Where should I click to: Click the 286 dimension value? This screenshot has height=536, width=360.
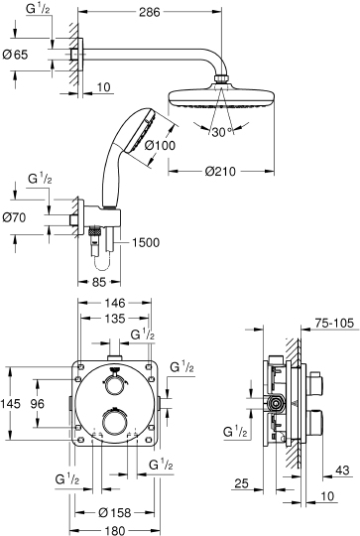pyautogui.click(x=150, y=12)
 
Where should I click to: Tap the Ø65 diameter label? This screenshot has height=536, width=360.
pyautogui.click(x=15, y=55)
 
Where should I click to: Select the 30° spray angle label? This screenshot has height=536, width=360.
pyautogui.click(x=221, y=132)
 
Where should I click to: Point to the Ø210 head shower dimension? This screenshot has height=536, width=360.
pyautogui.click(x=220, y=171)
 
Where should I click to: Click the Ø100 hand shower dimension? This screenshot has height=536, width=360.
pyautogui.click(x=160, y=145)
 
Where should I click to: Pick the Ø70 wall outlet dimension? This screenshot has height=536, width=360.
pyautogui.click(x=14, y=217)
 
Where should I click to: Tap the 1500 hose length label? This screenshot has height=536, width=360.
pyautogui.click(x=146, y=243)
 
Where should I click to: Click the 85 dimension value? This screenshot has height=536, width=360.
pyautogui.click(x=99, y=282)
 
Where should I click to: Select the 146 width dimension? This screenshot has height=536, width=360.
pyautogui.click(x=115, y=303)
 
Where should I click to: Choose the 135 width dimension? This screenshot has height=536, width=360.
pyautogui.click(x=115, y=319)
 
